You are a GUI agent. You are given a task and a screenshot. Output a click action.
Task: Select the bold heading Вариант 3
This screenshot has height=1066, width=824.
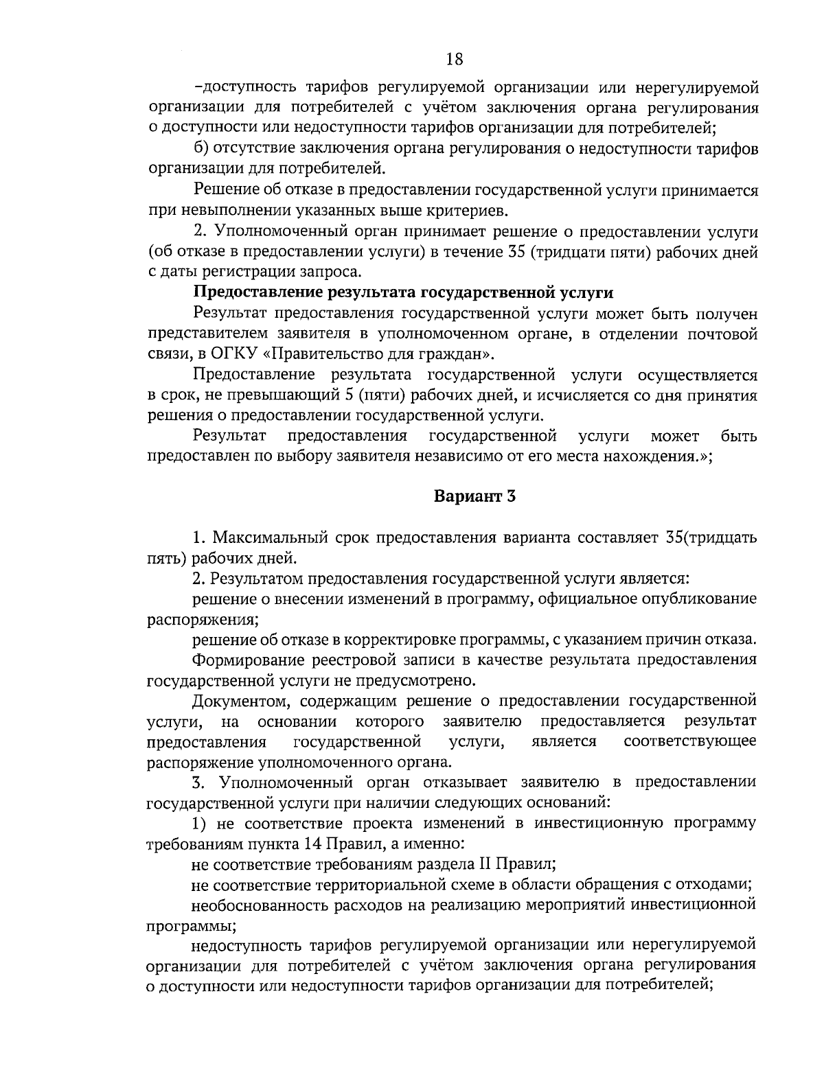pyautogui.click(x=474, y=496)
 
